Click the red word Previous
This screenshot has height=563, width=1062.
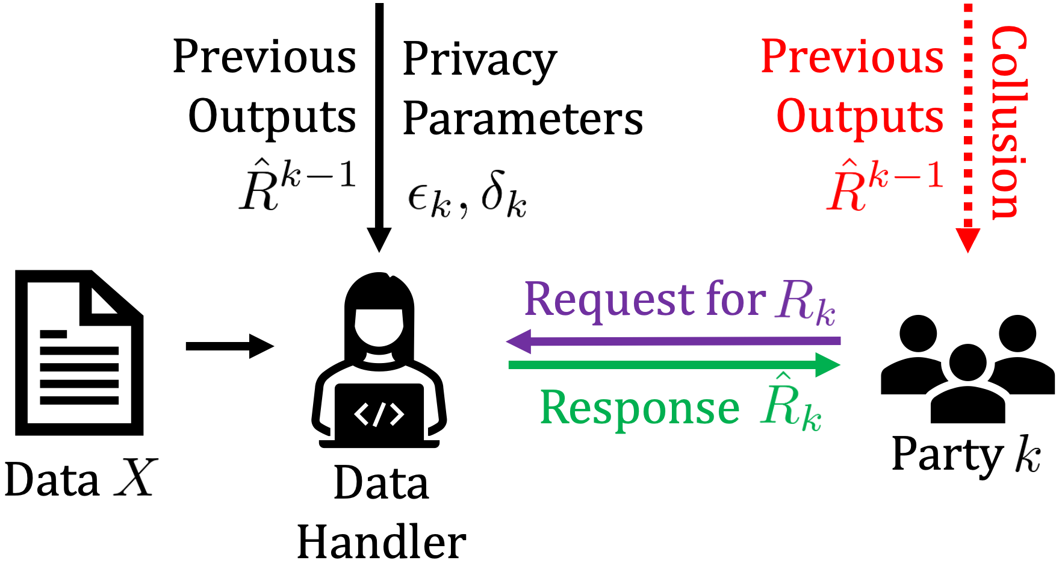(852, 57)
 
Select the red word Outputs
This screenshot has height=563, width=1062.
(860, 117)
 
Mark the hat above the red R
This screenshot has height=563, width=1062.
(842, 164)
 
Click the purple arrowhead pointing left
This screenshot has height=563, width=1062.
(518, 341)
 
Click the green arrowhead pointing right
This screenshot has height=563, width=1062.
(828, 365)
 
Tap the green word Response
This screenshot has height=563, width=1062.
(639, 408)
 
